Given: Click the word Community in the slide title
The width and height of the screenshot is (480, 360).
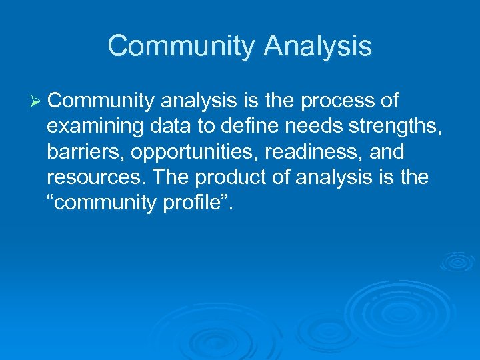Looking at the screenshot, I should (181, 47).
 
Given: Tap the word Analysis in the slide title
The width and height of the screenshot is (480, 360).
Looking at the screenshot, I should (317, 47).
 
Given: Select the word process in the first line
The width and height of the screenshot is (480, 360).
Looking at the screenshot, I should (336, 101).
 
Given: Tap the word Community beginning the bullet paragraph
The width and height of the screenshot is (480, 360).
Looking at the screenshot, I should (100, 101).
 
